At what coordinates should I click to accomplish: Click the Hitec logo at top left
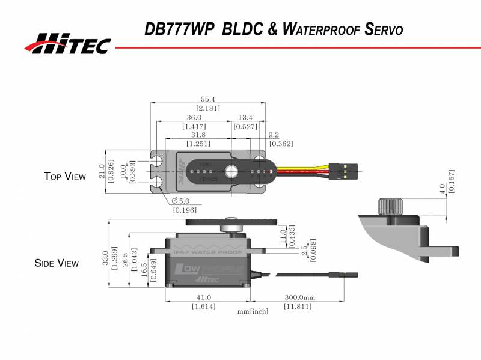tap(67, 43)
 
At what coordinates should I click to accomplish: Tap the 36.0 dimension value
tap(194, 118)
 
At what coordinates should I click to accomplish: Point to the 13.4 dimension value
tap(245, 118)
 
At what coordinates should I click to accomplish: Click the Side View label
tap(57, 263)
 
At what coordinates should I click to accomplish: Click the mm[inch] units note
tap(253, 311)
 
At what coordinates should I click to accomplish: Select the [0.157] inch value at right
tap(452, 180)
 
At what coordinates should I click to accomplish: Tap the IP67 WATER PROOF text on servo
tap(207, 253)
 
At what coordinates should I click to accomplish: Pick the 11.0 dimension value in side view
tap(283, 236)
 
